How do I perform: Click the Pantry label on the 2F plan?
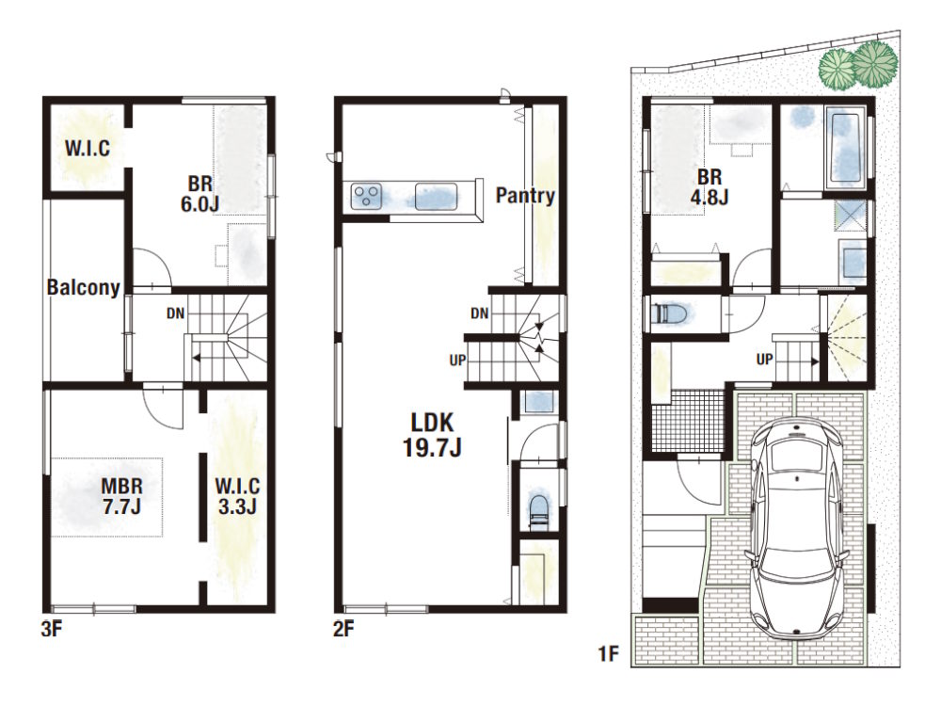point(525,196)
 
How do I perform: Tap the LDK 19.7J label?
point(432,435)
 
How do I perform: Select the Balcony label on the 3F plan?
point(84,287)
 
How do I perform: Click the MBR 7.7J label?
point(121,495)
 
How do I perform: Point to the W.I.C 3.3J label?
point(238,495)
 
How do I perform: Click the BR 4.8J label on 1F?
point(710,186)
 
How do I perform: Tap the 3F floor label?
point(52,629)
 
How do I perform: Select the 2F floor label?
point(343,629)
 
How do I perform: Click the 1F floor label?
point(609,653)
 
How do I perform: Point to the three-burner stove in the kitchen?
point(367,197)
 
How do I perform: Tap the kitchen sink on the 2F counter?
point(436,197)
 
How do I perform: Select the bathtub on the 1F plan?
point(846,145)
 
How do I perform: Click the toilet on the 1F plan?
point(671,313)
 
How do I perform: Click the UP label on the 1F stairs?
point(764,360)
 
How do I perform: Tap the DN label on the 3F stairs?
point(176,313)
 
